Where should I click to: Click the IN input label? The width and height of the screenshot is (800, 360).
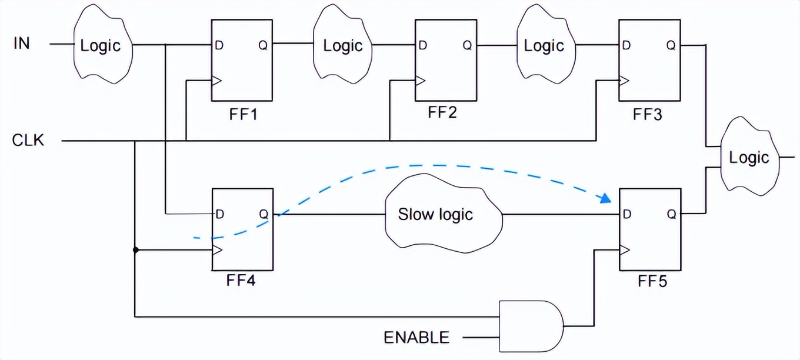(21, 44)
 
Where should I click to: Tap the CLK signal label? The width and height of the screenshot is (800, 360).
(28, 141)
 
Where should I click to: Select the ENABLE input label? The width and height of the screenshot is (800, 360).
(416, 338)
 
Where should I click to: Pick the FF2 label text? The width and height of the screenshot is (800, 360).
(442, 112)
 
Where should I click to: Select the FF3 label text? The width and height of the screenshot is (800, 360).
(647, 114)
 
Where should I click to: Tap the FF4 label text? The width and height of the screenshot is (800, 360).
(241, 281)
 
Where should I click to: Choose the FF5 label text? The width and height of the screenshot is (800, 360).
(652, 282)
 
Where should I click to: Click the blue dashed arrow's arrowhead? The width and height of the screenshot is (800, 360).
(606, 199)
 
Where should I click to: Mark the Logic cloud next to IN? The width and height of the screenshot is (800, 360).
(101, 46)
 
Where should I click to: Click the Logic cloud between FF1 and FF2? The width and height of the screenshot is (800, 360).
(343, 46)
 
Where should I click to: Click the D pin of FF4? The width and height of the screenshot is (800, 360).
(219, 214)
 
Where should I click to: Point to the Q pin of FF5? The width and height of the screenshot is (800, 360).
(671, 214)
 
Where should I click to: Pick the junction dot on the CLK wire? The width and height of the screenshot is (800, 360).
(135, 250)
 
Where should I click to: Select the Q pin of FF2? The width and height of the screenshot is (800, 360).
(466, 45)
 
